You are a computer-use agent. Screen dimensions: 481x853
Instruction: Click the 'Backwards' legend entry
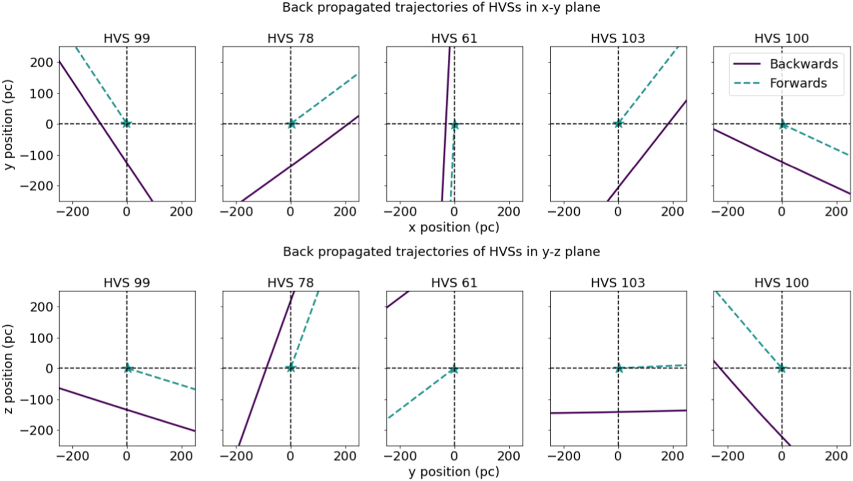[803, 64]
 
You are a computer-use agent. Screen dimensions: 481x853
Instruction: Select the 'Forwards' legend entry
[798, 83]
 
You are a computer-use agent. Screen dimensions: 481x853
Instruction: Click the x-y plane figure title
[441, 7]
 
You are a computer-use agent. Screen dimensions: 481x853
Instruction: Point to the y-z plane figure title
[441, 252]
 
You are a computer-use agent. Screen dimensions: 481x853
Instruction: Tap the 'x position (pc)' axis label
[454, 227]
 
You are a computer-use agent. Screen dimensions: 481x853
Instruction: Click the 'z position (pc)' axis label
[8, 369]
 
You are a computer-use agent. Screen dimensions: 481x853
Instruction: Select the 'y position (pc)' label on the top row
[8, 125]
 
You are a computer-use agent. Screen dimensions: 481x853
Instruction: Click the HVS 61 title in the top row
[454, 39]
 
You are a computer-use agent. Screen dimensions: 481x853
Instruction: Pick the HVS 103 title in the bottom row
[618, 283]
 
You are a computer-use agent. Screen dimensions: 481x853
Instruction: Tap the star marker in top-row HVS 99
[126, 123]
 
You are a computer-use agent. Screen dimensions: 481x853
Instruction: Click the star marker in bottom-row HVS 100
[781, 368]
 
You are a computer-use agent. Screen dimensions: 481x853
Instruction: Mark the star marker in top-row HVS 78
[291, 124]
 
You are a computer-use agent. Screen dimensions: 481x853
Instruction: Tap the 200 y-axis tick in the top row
[41, 62]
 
